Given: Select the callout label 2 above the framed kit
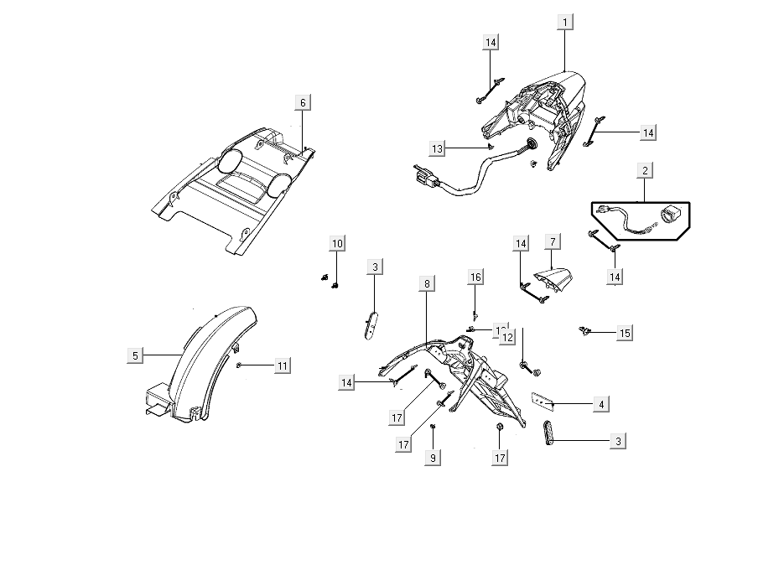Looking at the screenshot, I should tap(645, 172).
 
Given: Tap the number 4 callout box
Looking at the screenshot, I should tap(601, 404).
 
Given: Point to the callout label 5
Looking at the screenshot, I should tap(135, 355).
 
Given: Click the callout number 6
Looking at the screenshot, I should tap(303, 102).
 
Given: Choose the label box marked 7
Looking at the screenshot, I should tap(552, 242).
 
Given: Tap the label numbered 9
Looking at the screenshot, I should tap(433, 458).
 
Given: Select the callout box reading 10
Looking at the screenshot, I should tap(336, 244).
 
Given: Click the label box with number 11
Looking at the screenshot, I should tap(283, 365).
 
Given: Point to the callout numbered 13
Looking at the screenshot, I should tap(437, 148).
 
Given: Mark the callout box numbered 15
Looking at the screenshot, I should tap(624, 333).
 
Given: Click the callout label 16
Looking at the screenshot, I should tap(475, 277).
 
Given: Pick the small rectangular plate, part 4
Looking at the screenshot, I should tap(542, 402).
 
